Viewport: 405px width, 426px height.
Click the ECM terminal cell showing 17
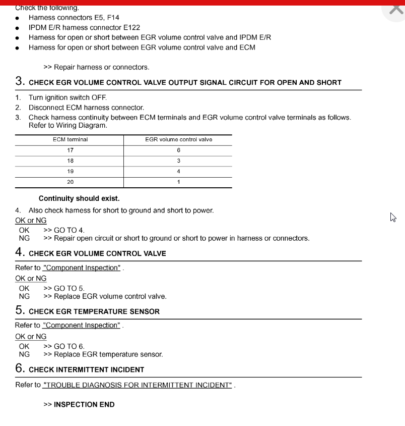coord(70,150)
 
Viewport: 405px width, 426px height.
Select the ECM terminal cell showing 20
coord(70,182)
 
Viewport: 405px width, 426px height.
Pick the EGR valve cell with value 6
coord(178,150)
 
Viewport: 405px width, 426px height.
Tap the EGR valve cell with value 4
coord(178,172)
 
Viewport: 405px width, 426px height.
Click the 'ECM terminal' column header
coord(70,140)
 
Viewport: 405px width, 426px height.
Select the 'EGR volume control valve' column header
coord(178,140)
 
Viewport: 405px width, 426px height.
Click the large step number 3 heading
coord(20,81)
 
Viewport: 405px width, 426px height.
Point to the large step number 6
coord(20,368)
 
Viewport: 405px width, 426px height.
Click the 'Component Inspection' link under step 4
coord(82,268)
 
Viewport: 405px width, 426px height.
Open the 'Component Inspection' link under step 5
coord(82,326)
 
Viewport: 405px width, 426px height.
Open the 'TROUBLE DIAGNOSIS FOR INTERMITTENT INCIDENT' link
coord(138,385)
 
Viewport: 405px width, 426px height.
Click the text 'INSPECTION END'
coord(84,404)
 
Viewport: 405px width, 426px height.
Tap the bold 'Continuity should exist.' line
coord(79,198)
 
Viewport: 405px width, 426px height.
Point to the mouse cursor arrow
coord(392,217)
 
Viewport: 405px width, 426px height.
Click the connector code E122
coord(131,28)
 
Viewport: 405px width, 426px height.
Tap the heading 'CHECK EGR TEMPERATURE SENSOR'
coord(94,311)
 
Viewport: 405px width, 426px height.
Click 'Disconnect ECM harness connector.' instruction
coord(86,108)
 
